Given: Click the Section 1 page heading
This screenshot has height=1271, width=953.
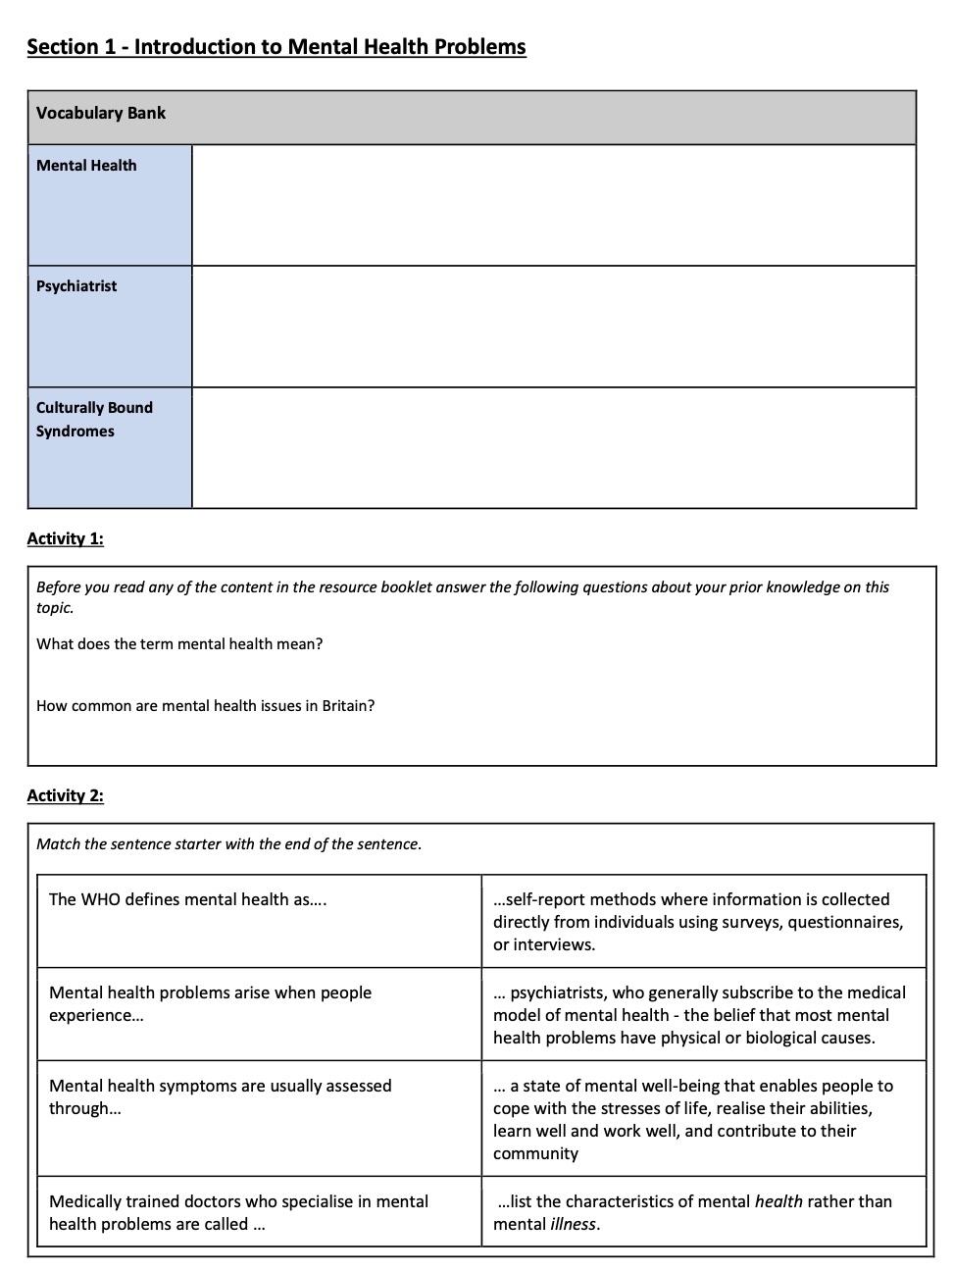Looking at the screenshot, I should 276,47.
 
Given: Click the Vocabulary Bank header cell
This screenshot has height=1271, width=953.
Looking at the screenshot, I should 101,113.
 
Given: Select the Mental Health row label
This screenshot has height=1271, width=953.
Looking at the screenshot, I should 86,166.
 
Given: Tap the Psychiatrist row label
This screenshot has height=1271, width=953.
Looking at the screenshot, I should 76,286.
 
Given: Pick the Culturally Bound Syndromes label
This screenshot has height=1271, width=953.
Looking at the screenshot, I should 94,420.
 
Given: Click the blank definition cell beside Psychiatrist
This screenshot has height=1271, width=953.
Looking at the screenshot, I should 554,327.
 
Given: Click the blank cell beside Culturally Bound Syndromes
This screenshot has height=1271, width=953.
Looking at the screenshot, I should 554,448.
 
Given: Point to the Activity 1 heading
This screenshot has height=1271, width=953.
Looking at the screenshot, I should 65,538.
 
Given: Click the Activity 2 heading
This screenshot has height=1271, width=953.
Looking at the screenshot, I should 65,795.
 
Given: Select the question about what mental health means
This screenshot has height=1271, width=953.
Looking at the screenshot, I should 179,644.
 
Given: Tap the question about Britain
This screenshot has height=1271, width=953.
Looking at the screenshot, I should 205,706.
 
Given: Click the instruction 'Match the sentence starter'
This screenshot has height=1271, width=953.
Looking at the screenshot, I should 228,844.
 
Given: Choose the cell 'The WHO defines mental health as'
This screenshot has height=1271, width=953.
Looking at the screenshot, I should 187,899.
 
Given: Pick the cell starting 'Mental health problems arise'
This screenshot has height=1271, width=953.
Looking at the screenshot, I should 210,1003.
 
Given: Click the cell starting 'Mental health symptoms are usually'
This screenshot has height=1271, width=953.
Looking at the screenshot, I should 220,1096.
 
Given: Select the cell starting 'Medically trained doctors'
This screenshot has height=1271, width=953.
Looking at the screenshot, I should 238,1212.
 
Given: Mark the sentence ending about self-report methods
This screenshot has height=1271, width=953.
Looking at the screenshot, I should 697,922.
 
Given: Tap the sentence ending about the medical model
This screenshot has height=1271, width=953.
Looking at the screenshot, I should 699,1015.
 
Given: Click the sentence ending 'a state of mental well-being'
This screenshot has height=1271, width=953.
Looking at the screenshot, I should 692,1119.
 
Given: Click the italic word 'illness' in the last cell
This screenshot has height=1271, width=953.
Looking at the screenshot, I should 573,1224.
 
